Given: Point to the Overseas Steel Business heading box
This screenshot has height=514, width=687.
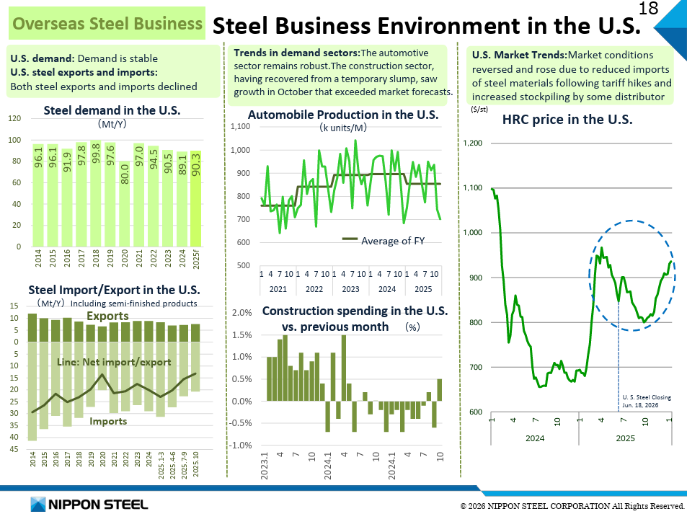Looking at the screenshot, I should tap(107, 24).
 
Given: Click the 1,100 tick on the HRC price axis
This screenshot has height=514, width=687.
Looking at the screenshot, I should tap(472, 188).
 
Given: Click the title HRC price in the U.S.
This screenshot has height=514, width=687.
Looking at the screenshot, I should tap(567, 120).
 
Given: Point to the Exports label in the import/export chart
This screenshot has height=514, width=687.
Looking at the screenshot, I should tap(107, 316).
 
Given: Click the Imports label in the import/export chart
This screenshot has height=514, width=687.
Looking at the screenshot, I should tap(108, 421).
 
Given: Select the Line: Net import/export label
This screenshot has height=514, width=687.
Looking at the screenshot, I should tap(114, 362).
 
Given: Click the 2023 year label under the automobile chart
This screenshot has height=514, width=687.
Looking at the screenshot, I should tap(350, 289).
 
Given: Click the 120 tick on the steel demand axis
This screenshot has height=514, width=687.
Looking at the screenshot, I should tap(14, 118).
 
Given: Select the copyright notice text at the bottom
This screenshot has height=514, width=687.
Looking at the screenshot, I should tap(572, 507).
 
